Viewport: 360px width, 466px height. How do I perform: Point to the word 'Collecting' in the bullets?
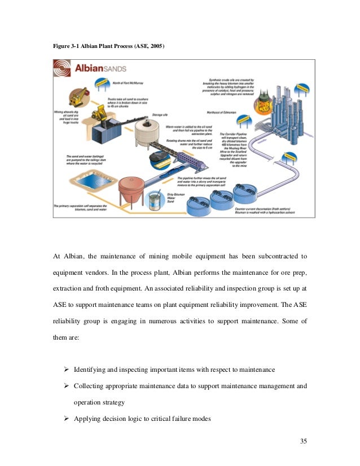pos(90,386)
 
